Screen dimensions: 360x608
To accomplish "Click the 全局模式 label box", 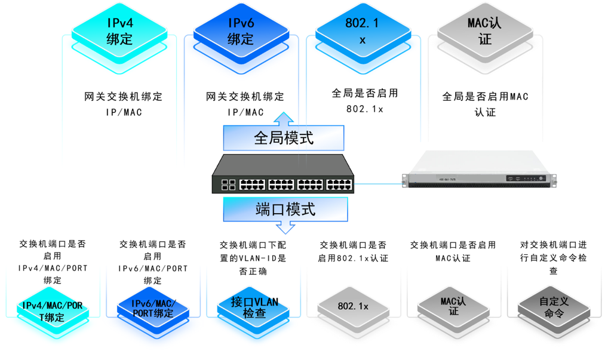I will point(284,138).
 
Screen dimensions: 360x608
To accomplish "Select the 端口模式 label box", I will point(285,210).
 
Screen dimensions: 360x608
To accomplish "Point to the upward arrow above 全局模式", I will point(284,117).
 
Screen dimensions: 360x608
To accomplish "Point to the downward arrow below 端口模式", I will point(285,227).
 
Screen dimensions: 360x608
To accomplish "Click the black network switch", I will point(282,174).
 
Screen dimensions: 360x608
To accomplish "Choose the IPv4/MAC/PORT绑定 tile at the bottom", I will point(53,310).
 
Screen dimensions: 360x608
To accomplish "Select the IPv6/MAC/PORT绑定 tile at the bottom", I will point(153,308).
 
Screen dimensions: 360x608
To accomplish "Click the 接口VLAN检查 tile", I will point(254,307).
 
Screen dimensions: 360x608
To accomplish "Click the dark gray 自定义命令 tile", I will point(554,307).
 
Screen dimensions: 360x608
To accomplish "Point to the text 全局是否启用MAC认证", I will point(485,104).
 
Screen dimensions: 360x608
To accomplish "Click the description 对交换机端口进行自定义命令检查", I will point(554,257).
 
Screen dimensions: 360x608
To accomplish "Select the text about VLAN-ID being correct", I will point(253,257).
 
